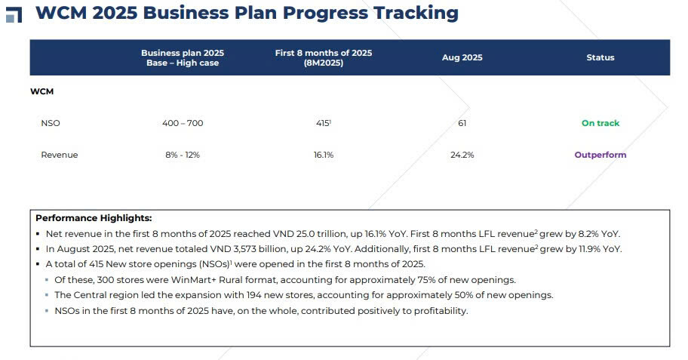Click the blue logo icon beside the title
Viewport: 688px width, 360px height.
[14, 14]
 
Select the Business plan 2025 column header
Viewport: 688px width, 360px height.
[183, 57]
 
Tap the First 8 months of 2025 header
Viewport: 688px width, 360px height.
[324, 57]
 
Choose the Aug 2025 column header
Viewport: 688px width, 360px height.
[462, 57]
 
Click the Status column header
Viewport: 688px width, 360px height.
[600, 57]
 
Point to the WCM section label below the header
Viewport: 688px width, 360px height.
[41, 91]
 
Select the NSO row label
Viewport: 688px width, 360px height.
[51, 123]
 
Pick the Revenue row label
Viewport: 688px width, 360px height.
[59, 155]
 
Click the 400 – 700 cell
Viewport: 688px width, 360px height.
[183, 123]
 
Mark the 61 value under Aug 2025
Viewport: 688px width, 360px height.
[462, 123]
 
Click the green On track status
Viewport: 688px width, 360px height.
[600, 123]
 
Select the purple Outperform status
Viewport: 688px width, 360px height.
[600, 155]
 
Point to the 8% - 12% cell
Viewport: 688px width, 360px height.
[183, 155]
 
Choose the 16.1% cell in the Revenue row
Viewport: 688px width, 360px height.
[323, 155]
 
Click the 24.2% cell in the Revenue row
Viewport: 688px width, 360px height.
[462, 155]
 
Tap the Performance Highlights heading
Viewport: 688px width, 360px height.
[94, 218]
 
